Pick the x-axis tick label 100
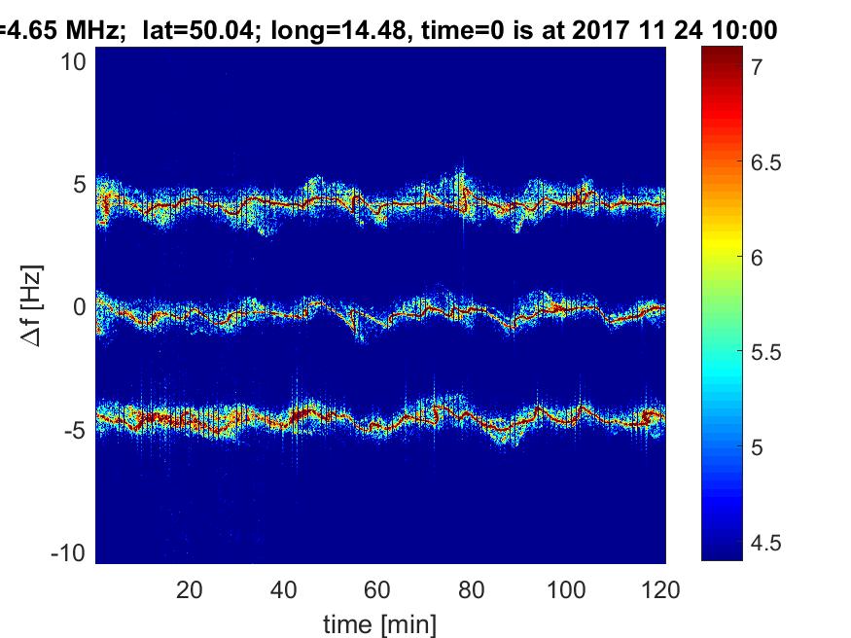[x=566, y=589]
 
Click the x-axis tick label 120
[x=659, y=589]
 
